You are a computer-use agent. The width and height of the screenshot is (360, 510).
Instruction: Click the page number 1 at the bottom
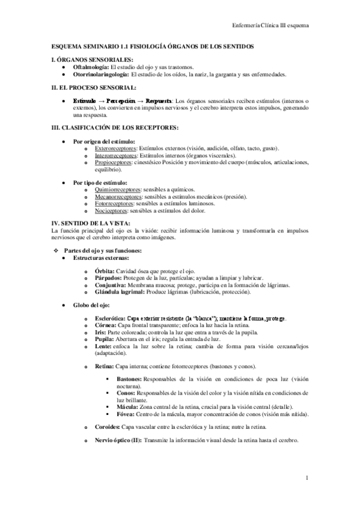pyautogui.click(x=307, y=478)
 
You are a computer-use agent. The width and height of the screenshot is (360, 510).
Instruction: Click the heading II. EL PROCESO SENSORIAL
pyautogui.click(x=91, y=87)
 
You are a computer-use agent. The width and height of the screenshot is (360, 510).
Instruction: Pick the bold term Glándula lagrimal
pyautogui.click(x=118, y=292)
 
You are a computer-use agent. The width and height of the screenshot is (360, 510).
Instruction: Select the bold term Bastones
pyautogui.click(x=129, y=381)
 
